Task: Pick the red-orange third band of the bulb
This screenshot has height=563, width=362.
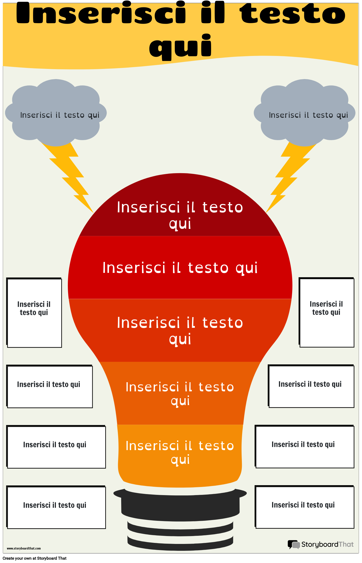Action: pos(180,330)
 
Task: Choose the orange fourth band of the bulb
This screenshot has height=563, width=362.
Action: pos(180,393)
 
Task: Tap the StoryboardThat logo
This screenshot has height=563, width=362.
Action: pos(321,544)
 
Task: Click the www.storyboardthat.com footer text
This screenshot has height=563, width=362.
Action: pos(24,549)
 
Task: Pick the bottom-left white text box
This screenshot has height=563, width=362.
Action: pos(56,508)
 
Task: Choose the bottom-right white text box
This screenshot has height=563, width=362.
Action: pos(305,507)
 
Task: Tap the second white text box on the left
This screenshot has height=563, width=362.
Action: pos(50,387)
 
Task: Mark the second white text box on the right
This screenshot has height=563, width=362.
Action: pos(311,387)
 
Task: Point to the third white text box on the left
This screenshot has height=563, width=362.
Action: pos(56,447)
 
